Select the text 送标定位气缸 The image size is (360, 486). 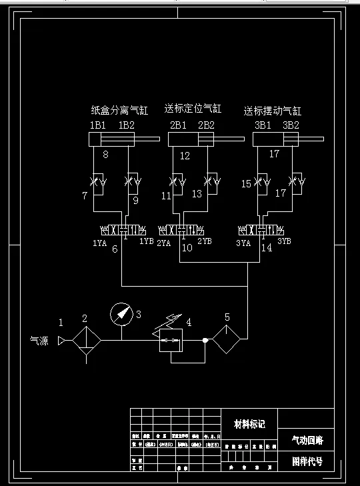click(193, 108)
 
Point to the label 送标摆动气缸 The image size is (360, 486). click(272, 111)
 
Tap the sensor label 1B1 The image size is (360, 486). click(98, 125)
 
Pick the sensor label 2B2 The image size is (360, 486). click(206, 125)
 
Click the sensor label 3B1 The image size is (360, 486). click(263, 125)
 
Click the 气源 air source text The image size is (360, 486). click(39, 340)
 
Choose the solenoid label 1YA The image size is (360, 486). click(99, 243)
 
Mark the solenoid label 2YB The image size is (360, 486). click(205, 241)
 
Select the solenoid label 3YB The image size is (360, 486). click(284, 241)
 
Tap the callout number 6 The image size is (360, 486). click(115, 249)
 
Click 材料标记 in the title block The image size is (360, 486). click(249, 424)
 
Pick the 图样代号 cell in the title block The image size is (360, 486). click(307, 461)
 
